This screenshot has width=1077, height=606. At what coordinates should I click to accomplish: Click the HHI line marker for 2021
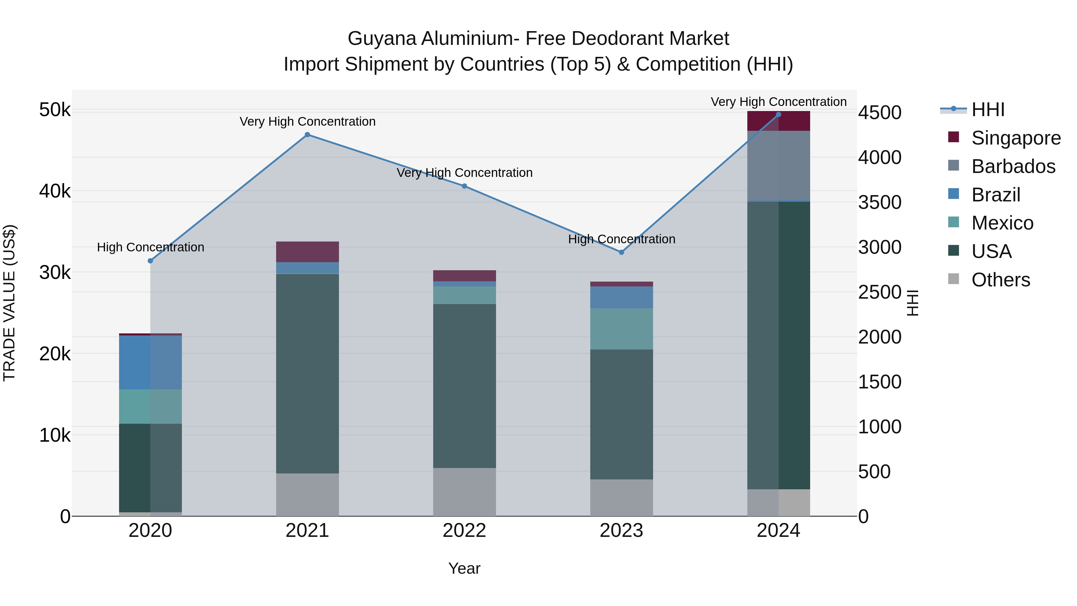(307, 135)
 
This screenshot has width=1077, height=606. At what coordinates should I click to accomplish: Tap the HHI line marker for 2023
(621, 252)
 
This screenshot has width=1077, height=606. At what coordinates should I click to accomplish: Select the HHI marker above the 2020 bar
(150, 261)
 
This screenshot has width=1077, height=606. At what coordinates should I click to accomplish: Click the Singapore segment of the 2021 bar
(307, 252)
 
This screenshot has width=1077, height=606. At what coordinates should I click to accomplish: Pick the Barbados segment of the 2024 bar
(778, 166)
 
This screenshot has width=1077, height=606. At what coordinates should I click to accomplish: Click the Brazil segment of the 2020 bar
(150, 362)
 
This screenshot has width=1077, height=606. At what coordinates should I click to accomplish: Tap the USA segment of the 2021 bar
(307, 373)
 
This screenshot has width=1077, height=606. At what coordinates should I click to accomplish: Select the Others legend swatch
(954, 279)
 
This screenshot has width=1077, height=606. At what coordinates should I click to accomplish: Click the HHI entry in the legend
(988, 110)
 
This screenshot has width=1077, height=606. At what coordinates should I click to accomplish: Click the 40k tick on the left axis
(55, 191)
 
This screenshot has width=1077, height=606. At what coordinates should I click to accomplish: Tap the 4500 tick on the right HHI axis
(880, 113)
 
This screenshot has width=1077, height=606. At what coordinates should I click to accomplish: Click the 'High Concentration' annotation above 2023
(621, 239)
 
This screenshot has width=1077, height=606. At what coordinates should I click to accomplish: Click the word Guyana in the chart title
(382, 39)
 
